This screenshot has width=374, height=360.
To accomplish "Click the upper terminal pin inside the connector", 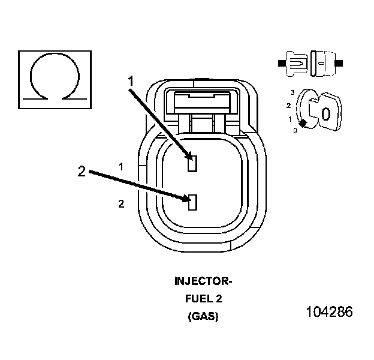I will [192, 163].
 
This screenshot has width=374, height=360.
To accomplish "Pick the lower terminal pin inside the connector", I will [192, 202].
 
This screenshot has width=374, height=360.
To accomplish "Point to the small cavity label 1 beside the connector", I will [121, 166].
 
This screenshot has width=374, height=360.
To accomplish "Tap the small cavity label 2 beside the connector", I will [121, 204].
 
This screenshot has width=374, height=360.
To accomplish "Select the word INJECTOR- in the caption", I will [203, 281].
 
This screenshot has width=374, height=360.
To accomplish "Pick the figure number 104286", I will [329, 312].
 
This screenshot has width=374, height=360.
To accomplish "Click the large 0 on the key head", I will [325, 114].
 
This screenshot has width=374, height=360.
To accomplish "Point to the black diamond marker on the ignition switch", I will [303, 123].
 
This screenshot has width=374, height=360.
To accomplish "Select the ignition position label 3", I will [292, 92].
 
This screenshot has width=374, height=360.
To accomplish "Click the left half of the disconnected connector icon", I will [294, 62].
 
